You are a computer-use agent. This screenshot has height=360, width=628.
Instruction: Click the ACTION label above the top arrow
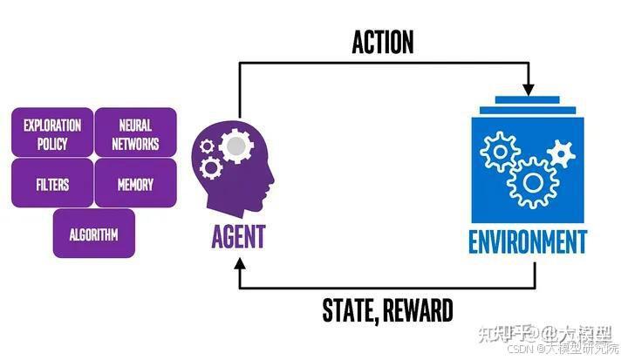tap(382, 42)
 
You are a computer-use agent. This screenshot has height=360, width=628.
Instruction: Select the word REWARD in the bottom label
tap(416, 309)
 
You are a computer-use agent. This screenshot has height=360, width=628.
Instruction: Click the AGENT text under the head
tap(237, 236)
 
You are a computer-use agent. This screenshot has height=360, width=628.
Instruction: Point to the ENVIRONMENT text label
tap(529, 241)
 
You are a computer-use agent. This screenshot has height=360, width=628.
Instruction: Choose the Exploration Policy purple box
tap(52, 133)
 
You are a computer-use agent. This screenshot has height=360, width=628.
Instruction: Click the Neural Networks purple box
tap(135, 133)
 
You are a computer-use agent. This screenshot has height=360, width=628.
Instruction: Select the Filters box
tap(52, 184)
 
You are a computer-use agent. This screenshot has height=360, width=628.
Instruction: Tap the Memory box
tap(135, 184)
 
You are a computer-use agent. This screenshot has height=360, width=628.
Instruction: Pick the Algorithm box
tap(93, 234)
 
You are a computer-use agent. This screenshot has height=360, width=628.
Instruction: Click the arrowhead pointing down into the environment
tap(528, 90)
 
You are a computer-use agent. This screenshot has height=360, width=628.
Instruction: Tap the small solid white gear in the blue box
tap(562, 155)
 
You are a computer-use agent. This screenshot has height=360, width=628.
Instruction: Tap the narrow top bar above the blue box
tap(529, 101)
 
